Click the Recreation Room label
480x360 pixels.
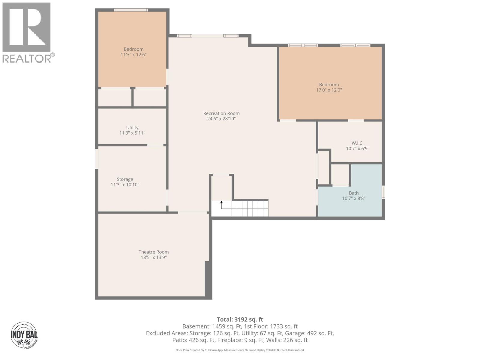tap(221, 113)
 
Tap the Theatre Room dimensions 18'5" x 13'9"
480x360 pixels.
tap(154, 257)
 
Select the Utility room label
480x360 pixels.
tap(132, 127)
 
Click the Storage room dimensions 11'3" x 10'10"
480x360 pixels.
tap(125, 185)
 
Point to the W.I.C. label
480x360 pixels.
tap(357, 143)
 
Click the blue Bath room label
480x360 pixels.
tap(353, 193)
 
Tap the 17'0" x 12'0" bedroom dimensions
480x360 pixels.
tap(329, 90)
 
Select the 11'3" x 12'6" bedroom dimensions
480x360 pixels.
tap(133, 55)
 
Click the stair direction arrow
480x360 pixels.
tap(221, 203)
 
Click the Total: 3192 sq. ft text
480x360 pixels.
tap(240, 319)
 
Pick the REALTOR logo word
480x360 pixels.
tap(27, 58)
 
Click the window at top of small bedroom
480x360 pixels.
tap(130, 10)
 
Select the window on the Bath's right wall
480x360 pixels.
tap(383, 192)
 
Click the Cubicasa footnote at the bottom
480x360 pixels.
tap(240, 350)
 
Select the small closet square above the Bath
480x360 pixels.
tap(340, 175)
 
